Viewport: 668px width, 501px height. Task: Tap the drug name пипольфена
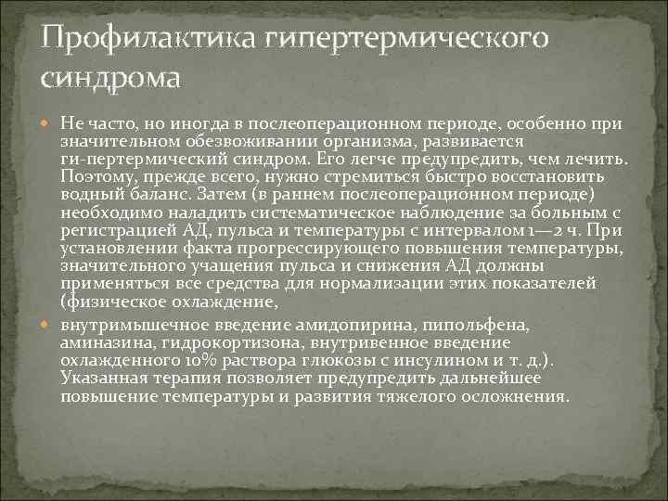475,327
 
